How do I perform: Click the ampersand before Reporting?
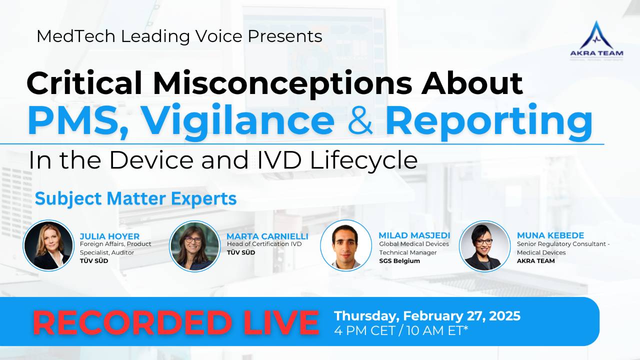[x=359, y=121]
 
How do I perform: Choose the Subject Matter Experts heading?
[x=135, y=198]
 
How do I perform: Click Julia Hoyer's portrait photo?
[x=48, y=246]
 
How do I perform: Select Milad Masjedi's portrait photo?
[x=345, y=245]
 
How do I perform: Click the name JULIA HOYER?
[x=109, y=236]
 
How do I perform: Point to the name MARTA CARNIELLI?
[x=267, y=236]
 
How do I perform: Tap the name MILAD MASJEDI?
[x=414, y=235]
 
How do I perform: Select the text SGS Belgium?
[x=399, y=261]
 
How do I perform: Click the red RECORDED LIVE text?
[x=175, y=322]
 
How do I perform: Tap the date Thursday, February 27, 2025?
[x=427, y=316]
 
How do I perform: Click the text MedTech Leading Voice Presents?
[x=179, y=36]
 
